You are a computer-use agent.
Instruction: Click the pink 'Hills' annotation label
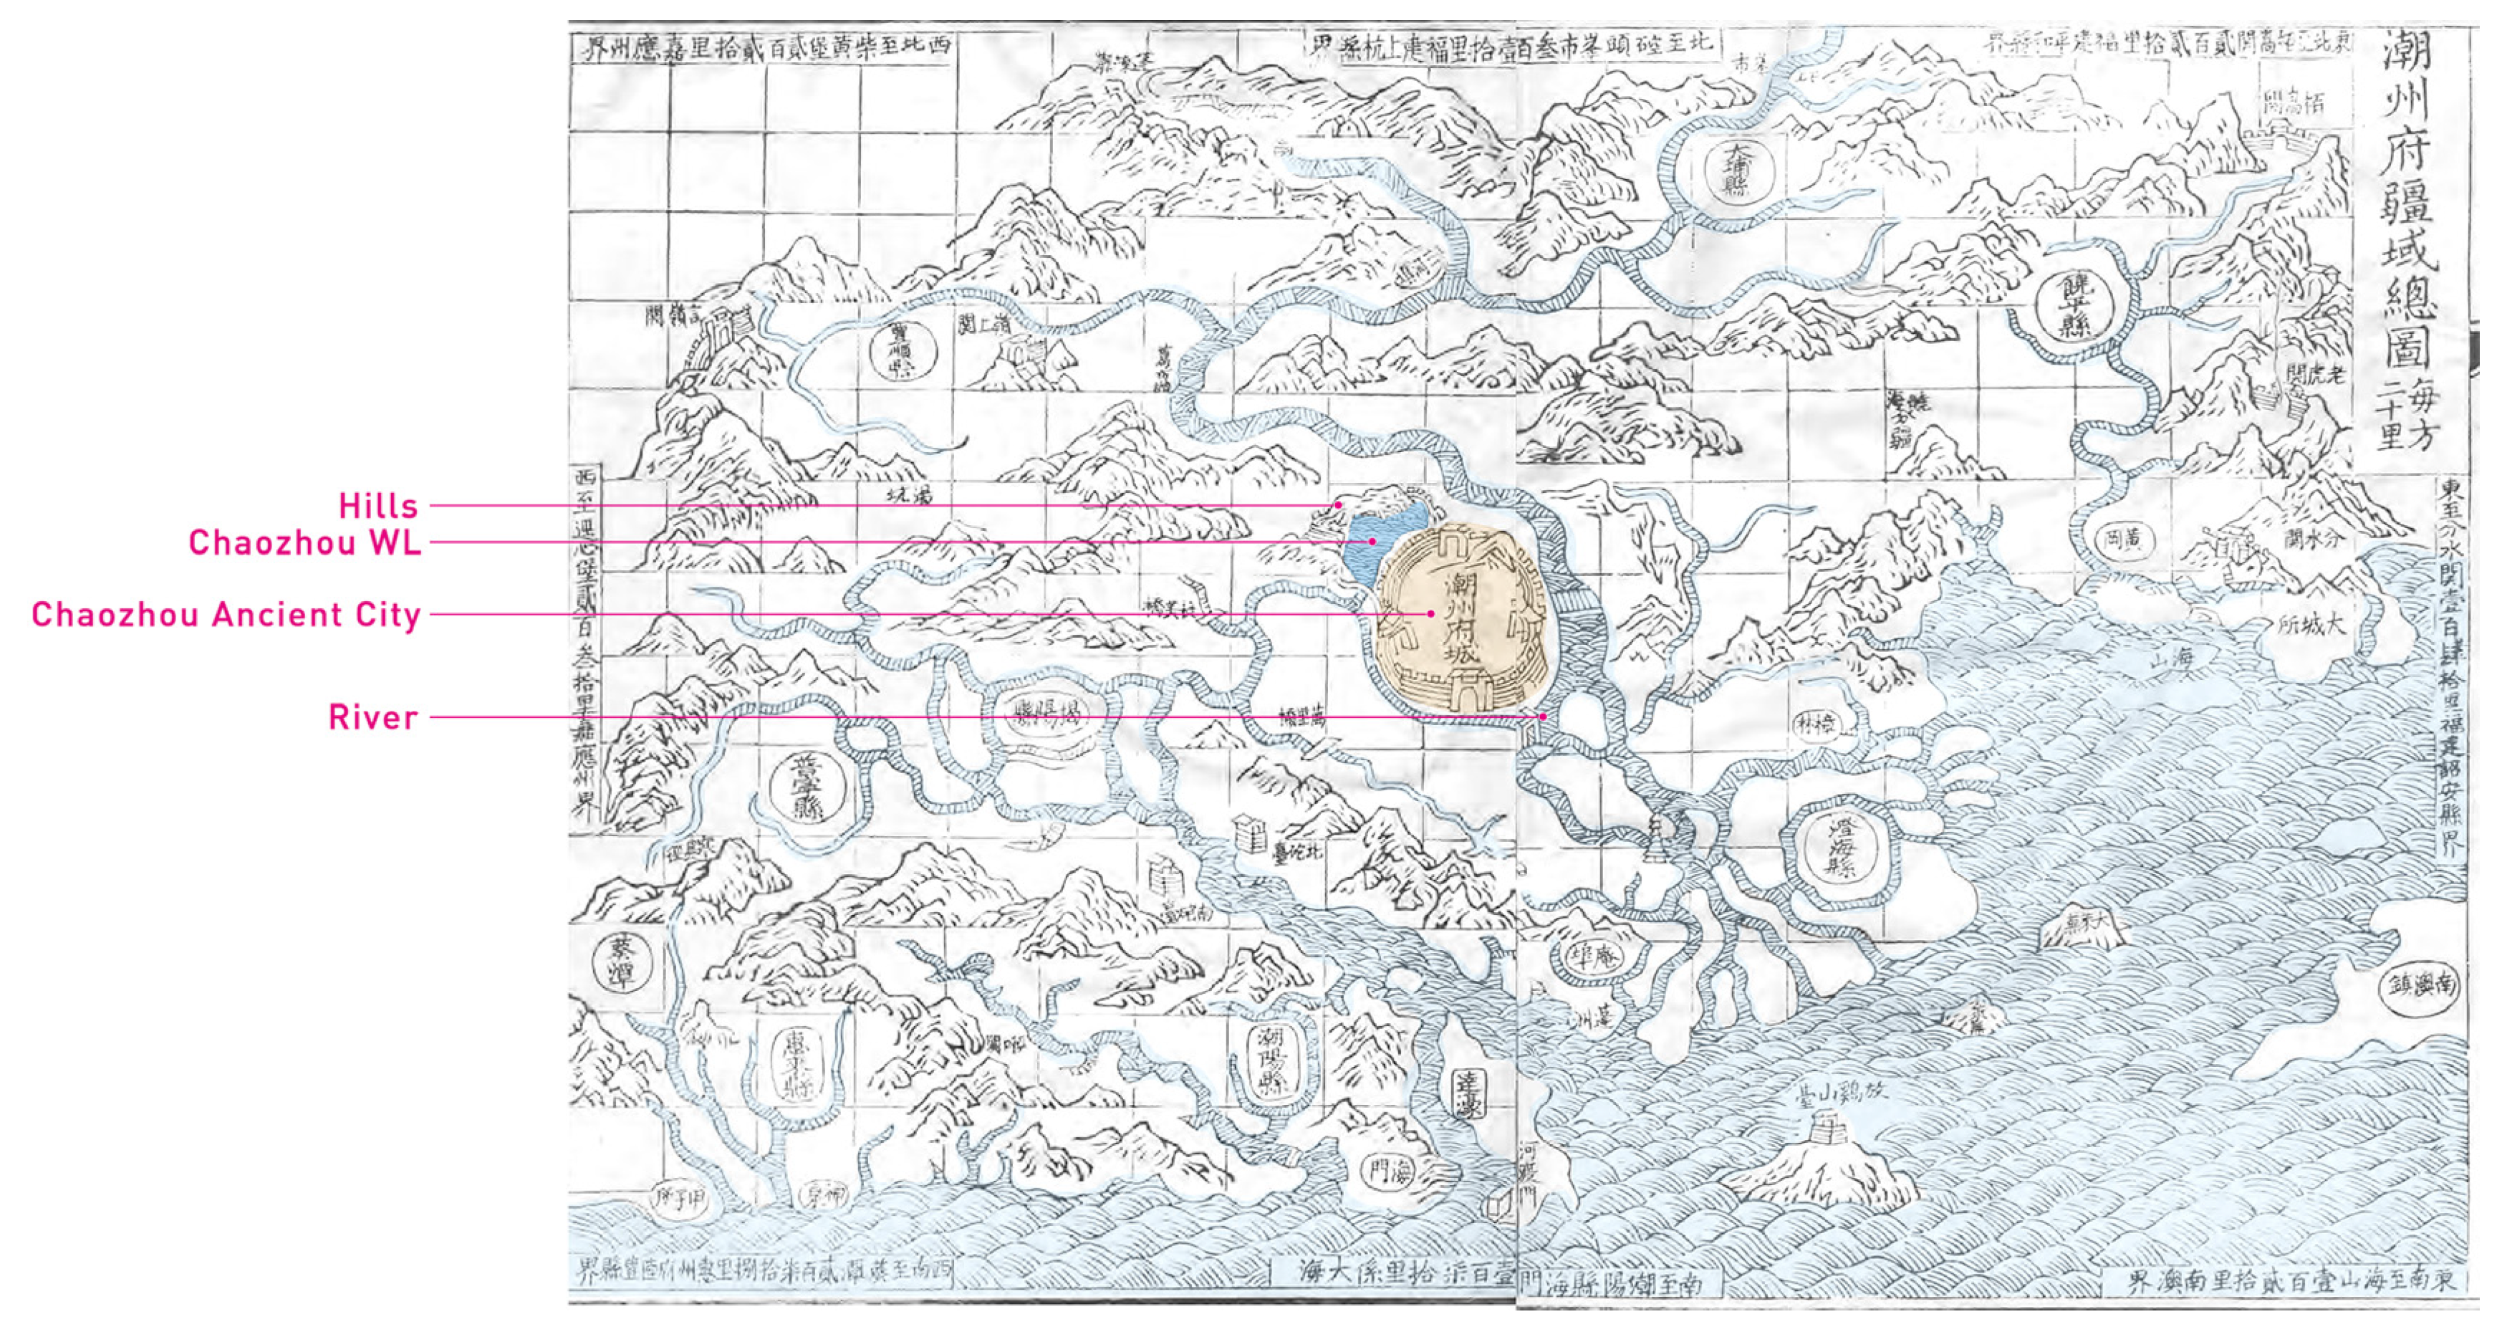click(378, 506)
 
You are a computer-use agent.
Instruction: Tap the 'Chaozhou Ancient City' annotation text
click(226, 615)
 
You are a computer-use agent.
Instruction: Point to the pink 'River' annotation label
click(373, 717)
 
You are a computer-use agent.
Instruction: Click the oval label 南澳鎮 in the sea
click(2421, 986)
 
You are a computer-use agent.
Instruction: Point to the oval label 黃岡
click(2124, 541)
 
